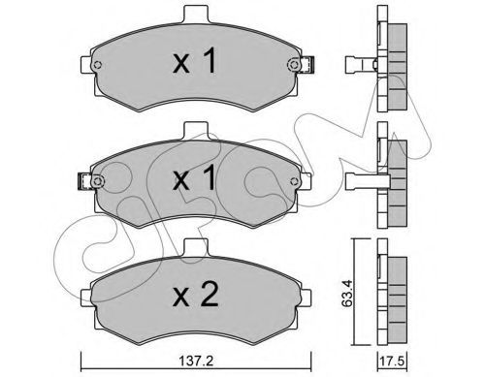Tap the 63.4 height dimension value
click(347, 294)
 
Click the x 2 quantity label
click(196, 295)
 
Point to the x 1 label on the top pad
click(195, 60)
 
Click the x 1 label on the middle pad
click(195, 177)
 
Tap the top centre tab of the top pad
click(196, 15)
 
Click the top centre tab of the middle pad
click(195, 131)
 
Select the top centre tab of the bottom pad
click(195, 248)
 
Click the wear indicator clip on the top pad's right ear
click(307, 65)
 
